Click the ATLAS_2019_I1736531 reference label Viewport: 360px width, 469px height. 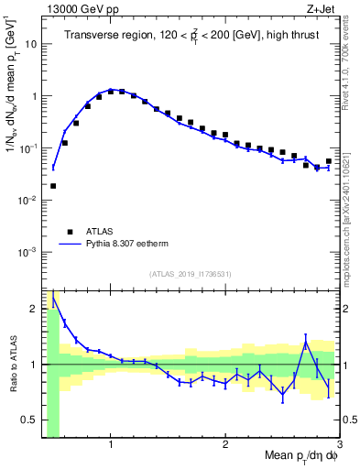click(191, 274)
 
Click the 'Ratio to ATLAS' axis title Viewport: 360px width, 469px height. click(11, 365)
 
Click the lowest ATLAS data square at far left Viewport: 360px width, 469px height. click(53, 186)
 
